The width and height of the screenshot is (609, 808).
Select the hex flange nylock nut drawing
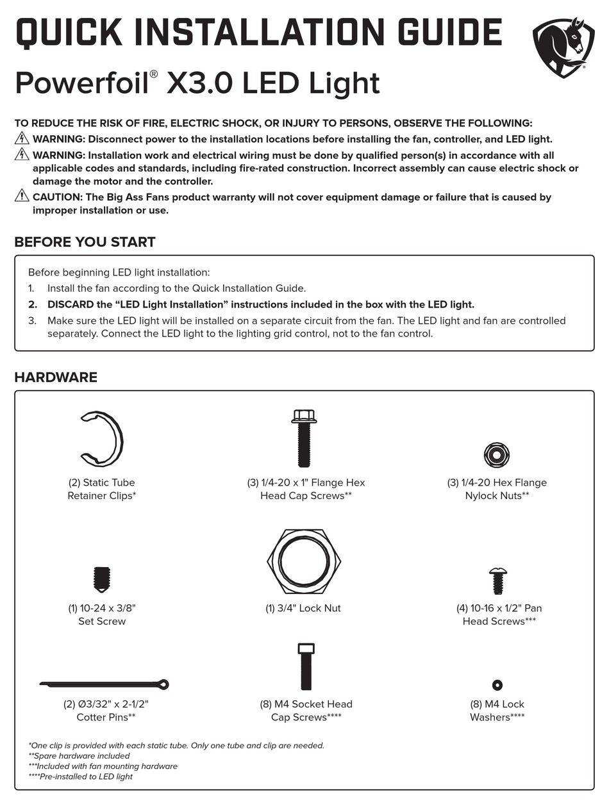point(497,455)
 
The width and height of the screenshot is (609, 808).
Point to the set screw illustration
point(102,579)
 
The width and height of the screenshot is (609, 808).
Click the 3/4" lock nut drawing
point(304,561)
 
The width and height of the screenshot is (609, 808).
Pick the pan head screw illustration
point(497,581)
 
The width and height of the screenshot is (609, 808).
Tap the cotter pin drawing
point(104,684)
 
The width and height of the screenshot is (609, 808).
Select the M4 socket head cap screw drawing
point(306,666)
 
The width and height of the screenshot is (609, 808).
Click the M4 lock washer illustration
point(497,685)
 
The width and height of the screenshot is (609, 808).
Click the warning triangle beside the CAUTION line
point(22,196)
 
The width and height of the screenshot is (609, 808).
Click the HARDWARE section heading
point(56,377)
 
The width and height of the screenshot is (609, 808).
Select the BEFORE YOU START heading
point(85,242)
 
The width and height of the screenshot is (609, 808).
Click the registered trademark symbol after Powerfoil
point(153,74)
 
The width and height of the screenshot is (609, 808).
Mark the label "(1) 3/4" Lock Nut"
point(303,608)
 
